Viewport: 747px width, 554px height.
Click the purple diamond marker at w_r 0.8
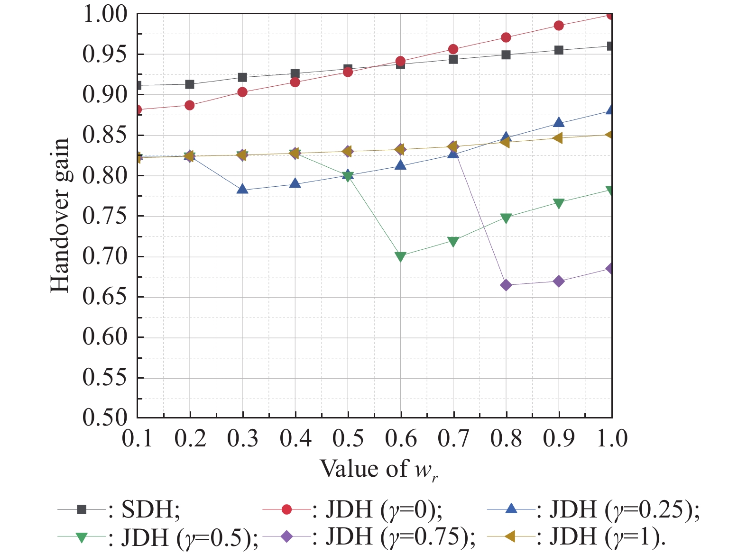pyautogui.click(x=506, y=285)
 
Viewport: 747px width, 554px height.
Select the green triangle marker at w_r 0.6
pyautogui.click(x=401, y=257)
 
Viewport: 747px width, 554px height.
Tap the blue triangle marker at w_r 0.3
pyautogui.click(x=242, y=190)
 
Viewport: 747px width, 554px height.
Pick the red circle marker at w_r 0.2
pyautogui.click(x=190, y=105)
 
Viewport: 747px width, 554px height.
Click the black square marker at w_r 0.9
pyautogui.click(x=559, y=50)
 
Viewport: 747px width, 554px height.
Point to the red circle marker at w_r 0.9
pyautogui.click(x=559, y=26)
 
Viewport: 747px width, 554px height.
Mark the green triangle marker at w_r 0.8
pyautogui.click(x=506, y=218)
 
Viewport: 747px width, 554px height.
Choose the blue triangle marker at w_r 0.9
pyautogui.click(x=559, y=123)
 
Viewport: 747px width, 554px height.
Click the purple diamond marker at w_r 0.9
pyautogui.click(x=559, y=282)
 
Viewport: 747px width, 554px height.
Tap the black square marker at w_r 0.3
pyautogui.click(x=242, y=77)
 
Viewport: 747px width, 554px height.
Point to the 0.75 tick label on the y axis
pyautogui.click(x=105, y=216)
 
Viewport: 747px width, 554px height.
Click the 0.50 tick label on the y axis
pyautogui.click(x=105, y=418)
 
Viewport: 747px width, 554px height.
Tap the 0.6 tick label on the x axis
pyautogui.click(x=401, y=439)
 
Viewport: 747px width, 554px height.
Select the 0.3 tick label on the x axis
pyautogui.click(x=242, y=439)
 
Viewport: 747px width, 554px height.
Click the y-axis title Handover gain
pyautogui.click(x=60, y=216)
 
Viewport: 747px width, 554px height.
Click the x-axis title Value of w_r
pyautogui.click(x=378, y=469)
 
